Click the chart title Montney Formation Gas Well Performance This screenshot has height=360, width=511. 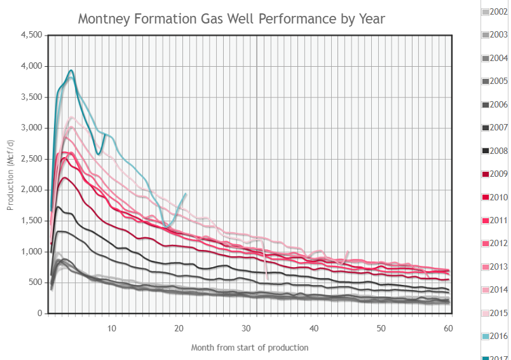pyautogui.click(x=231, y=18)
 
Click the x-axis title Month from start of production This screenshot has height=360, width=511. pyautogui.click(x=250, y=347)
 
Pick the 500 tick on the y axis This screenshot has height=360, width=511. pyautogui.click(x=36, y=282)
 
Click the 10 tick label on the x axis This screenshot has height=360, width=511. pyautogui.click(x=112, y=328)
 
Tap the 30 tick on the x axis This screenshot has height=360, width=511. pyautogui.click(x=246, y=328)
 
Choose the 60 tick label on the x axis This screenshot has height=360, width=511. pyautogui.click(x=447, y=328)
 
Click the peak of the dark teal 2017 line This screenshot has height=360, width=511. pyautogui.click(x=71, y=70)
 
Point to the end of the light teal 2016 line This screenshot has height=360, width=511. pyautogui.click(x=186, y=193)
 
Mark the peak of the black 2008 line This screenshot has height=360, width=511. pyautogui.click(x=58, y=207)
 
